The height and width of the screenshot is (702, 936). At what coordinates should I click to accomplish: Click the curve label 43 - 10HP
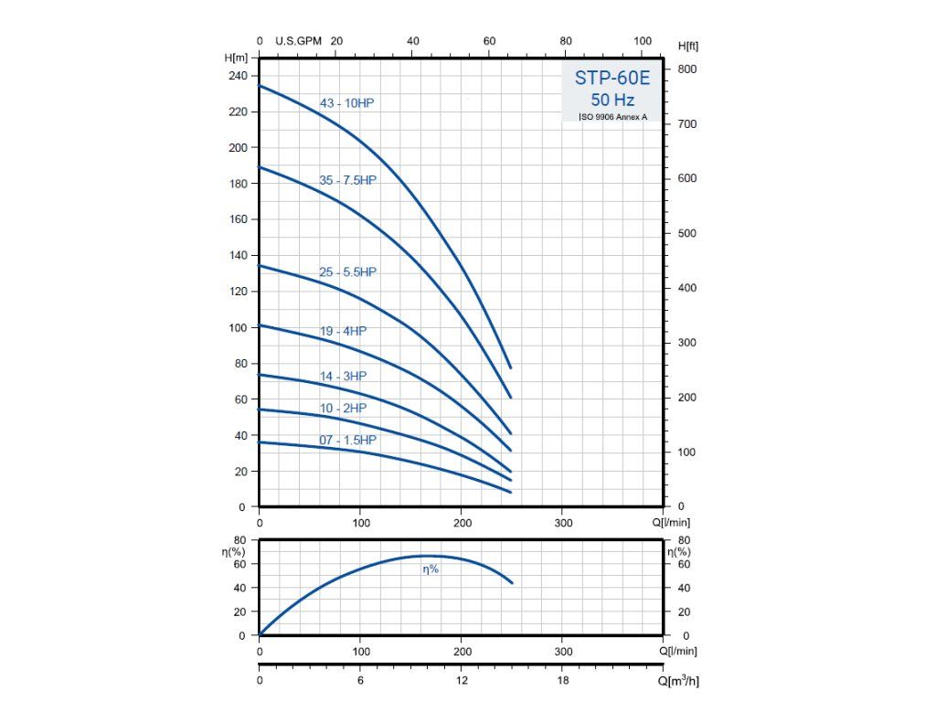tap(346, 103)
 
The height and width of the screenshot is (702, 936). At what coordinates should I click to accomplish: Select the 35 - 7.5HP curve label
tap(347, 180)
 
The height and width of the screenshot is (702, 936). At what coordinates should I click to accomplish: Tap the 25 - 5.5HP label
tap(347, 272)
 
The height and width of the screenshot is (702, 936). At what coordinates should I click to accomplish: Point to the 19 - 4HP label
tap(343, 331)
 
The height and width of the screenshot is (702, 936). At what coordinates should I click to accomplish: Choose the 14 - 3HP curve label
tap(343, 376)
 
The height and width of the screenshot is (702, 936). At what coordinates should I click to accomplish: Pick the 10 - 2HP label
tap(343, 408)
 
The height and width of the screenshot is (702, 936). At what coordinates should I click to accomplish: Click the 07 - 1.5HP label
tap(347, 441)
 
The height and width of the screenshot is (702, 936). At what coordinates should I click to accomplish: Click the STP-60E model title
tap(612, 78)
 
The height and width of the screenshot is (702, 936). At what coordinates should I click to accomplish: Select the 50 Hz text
tap(612, 100)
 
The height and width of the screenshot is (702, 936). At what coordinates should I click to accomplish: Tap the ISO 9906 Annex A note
tap(612, 117)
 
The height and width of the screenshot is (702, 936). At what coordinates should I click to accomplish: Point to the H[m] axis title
tap(236, 57)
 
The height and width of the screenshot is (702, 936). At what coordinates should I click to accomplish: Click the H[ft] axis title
tap(688, 46)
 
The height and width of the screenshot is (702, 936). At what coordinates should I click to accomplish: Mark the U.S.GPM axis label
tap(297, 41)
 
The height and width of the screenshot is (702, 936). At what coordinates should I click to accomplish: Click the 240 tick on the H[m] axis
tap(237, 76)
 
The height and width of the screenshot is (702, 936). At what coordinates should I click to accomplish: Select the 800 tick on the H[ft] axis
tap(686, 69)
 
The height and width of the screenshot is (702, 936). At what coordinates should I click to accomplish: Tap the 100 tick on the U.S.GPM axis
tap(643, 41)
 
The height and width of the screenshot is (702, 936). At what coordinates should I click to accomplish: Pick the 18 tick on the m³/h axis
tap(564, 681)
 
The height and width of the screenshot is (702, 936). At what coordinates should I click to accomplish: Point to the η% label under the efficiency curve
tap(431, 569)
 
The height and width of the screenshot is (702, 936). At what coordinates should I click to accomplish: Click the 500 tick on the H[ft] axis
tap(686, 233)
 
